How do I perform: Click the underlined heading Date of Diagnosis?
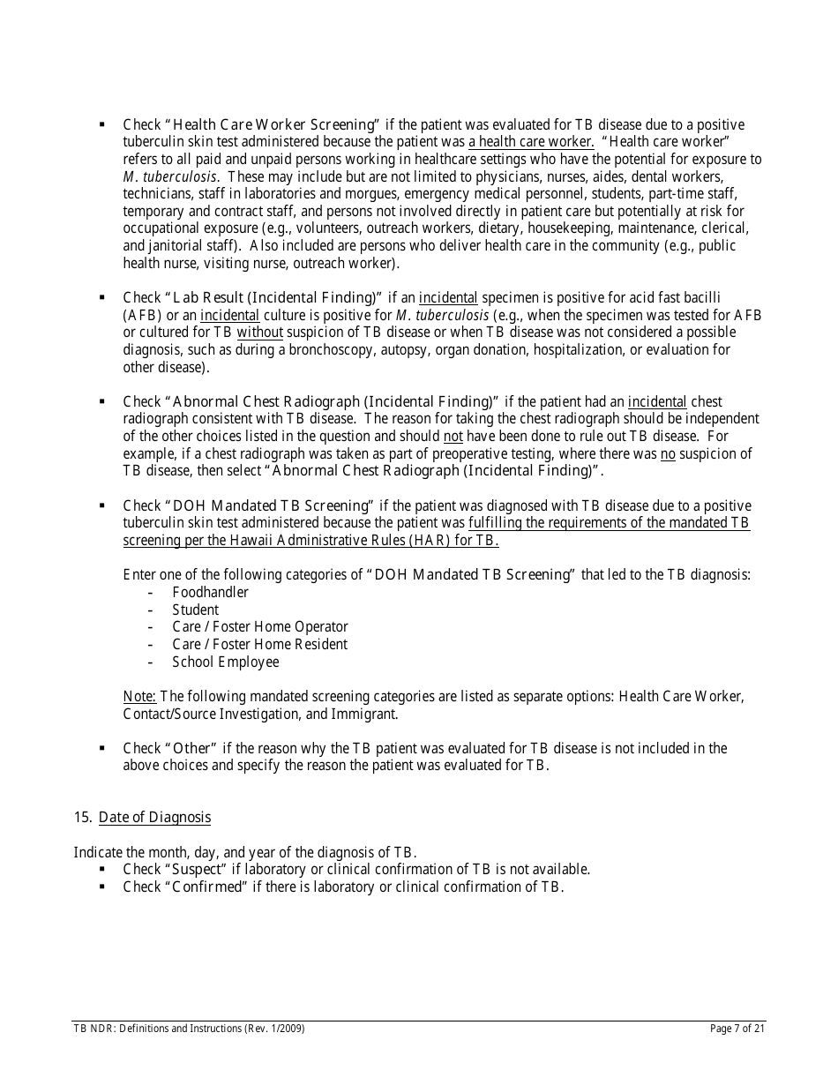point(154,817)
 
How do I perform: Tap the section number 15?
point(82,817)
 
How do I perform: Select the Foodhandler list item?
point(210,592)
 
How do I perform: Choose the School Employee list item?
point(225,662)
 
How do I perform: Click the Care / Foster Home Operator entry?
point(259,626)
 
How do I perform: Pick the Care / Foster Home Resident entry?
point(259,644)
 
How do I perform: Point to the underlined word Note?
point(139,696)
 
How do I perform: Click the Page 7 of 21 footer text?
point(737,1029)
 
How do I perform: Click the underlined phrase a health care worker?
point(531,142)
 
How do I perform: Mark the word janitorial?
point(156,246)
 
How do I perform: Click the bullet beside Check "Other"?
point(102,747)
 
